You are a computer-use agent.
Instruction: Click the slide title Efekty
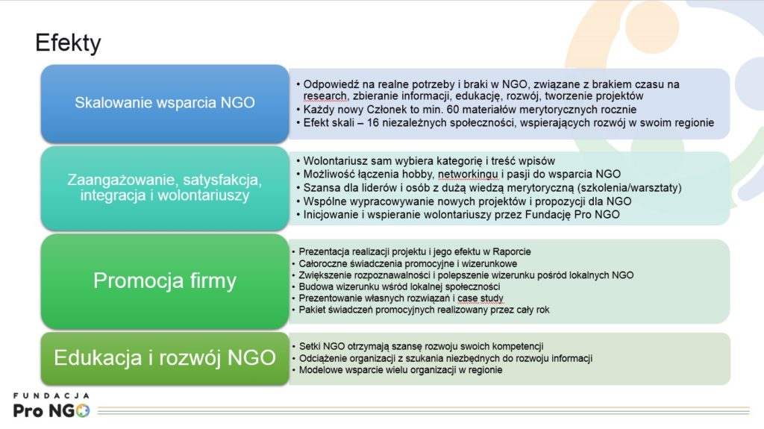click(68, 43)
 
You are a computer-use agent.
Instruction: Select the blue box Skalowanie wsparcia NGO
click(165, 104)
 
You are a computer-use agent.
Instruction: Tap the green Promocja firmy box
click(165, 281)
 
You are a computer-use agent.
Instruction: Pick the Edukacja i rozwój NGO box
click(165, 358)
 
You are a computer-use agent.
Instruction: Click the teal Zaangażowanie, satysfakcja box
click(165, 188)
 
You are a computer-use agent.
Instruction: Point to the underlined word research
click(325, 96)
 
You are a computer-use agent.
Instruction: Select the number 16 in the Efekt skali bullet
click(373, 123)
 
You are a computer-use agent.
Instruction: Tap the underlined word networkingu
click(468, 175)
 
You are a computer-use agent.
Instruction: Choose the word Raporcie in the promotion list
click(512, 252)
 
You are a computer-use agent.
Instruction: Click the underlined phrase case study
click(480, 298)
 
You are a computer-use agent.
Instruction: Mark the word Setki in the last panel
click(310, 347)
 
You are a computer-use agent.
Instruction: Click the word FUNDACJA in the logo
click(51, 396)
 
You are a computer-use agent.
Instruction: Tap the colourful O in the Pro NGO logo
click(82, 411)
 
